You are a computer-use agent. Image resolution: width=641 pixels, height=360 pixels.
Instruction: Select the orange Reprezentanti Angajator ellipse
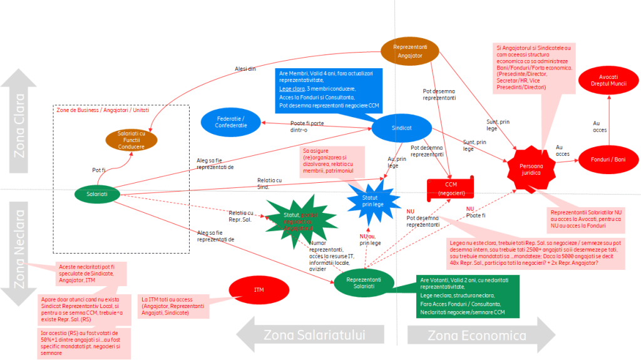(410, 51)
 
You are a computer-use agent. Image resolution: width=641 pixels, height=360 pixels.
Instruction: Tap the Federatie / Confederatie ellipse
(230, 121)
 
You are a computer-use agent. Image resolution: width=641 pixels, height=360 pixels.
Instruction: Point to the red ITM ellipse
(259, 290)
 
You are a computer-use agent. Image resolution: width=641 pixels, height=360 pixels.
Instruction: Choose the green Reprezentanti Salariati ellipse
(364, 282)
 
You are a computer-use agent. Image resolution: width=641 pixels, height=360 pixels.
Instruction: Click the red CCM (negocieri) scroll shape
(451, 188)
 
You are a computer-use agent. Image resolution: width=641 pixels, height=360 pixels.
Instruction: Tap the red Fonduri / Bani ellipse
(607, 160)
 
